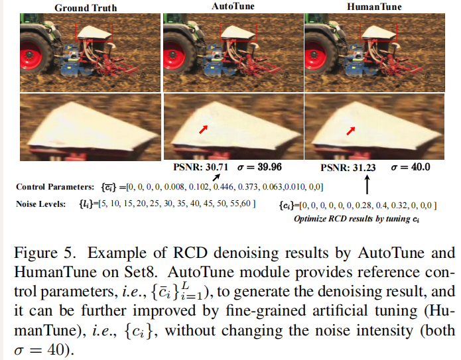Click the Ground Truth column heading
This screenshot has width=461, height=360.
(x=86, y=8)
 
